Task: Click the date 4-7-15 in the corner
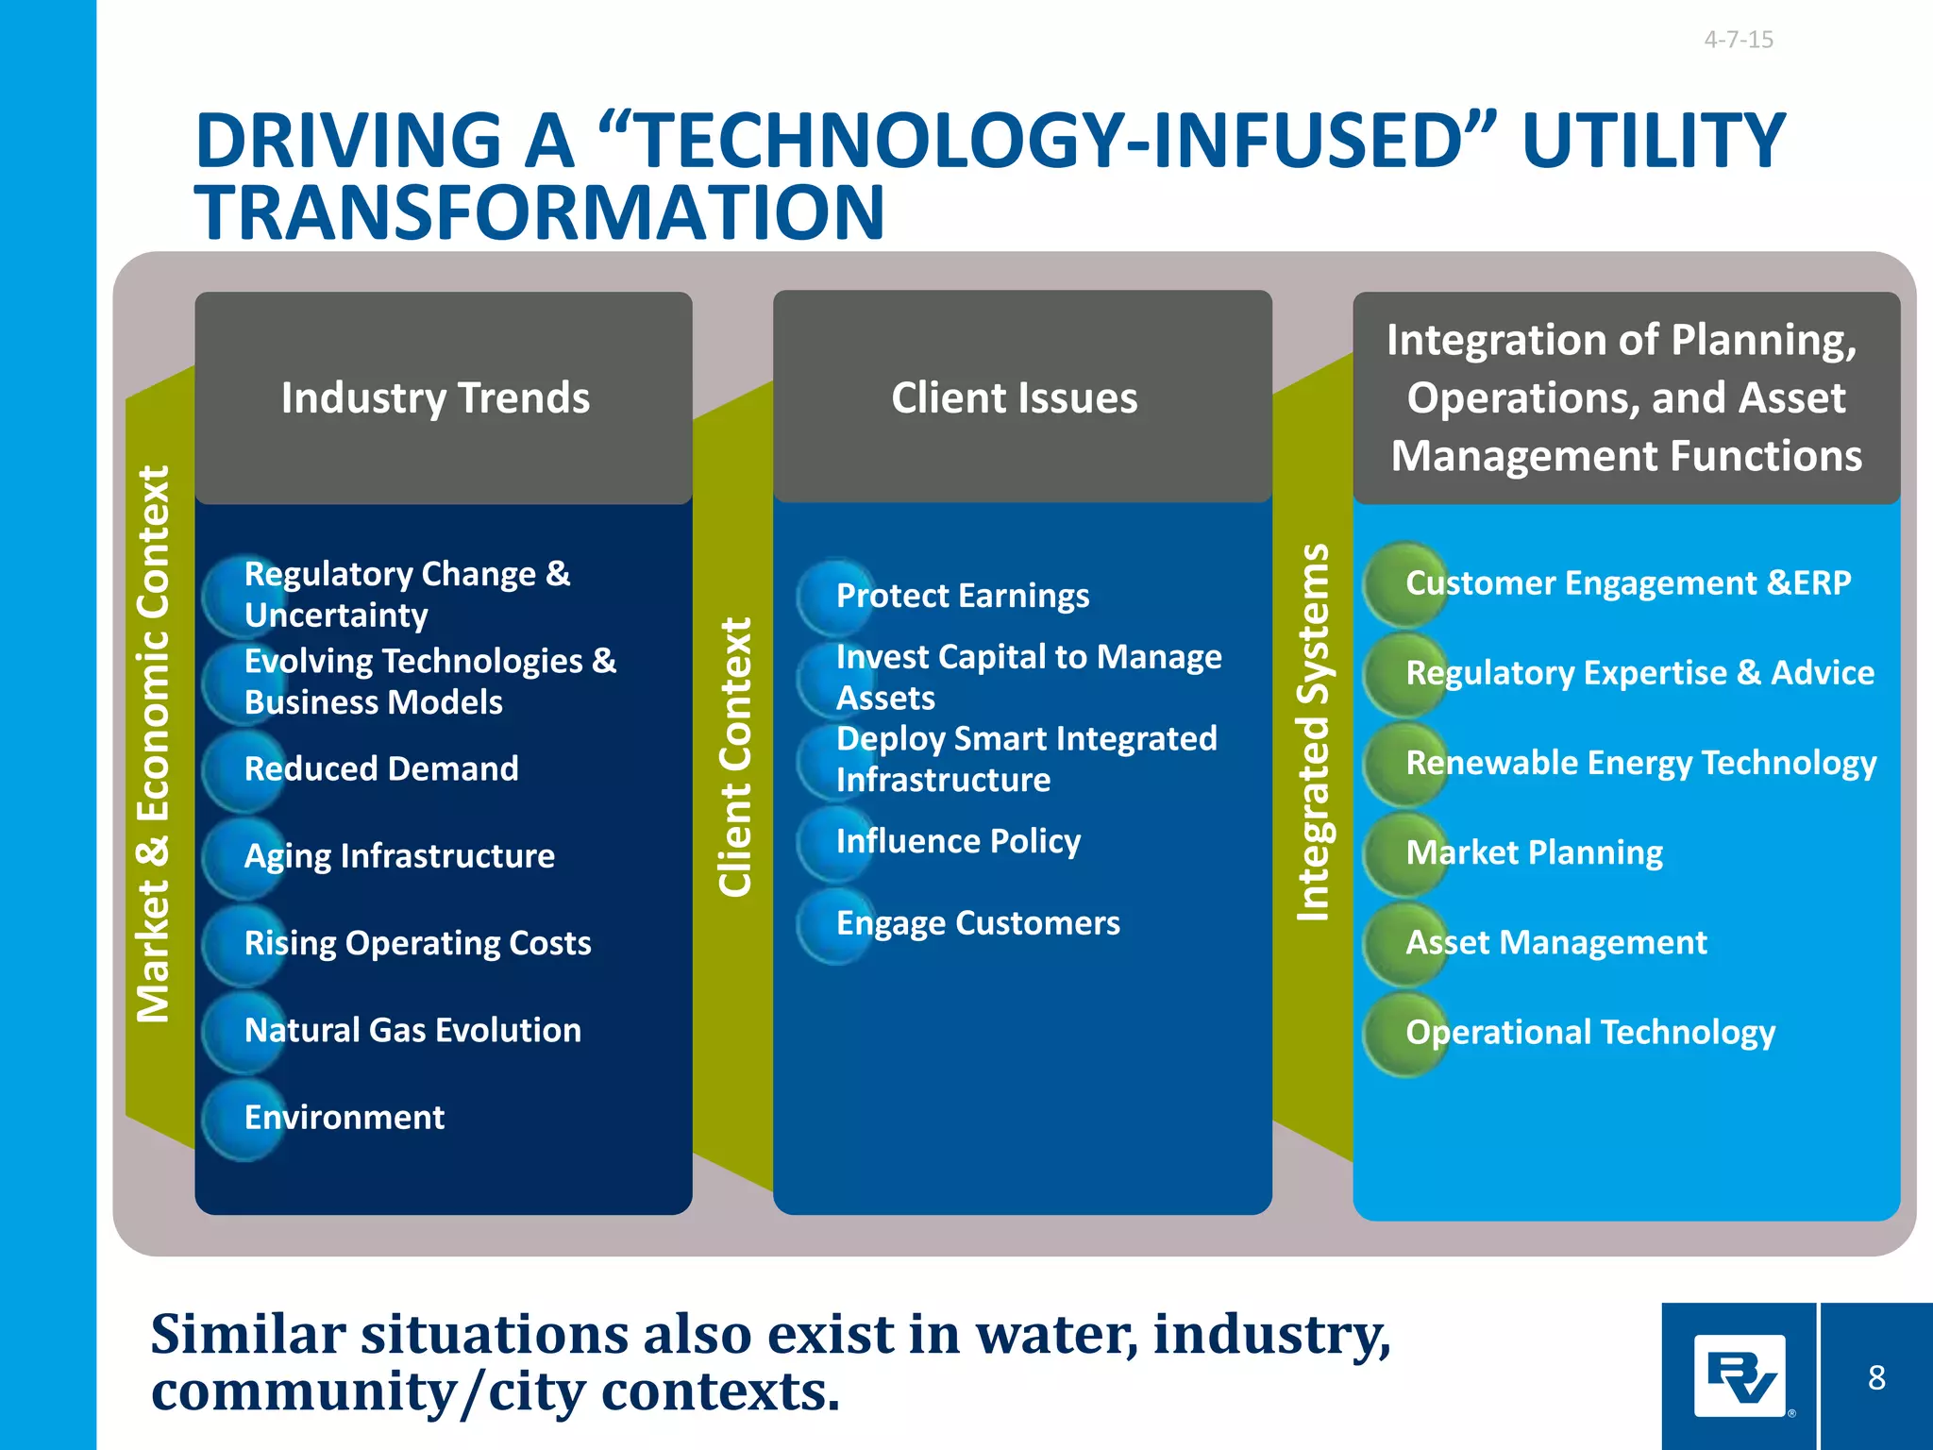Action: click(1738, 40)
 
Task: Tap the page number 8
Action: click(1876, 1377)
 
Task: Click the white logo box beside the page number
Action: click(1740, 1375)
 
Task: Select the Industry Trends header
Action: click(435, 397)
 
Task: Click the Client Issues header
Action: click(1014, 397)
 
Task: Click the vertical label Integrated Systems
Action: click(1313, 733)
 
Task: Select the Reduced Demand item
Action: click(380, 768)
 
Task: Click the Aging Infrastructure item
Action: click(398, 855)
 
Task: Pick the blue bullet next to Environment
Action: click(243, 1120)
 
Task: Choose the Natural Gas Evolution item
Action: click(412, 1030)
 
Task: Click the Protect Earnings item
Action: click(962, 596)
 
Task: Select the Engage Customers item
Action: click(977, 922)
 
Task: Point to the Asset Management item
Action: click(1555, 942)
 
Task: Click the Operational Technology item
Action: click(1589, 1032)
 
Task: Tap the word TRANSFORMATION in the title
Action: click(539, 212)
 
